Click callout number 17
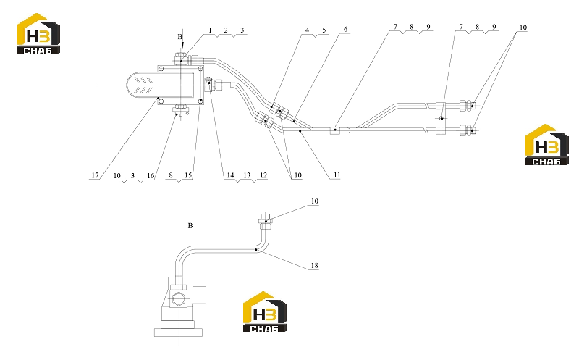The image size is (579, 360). pyautogui.click(x=96, y=175)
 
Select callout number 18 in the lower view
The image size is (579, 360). pyautogui.click(x=314, y=265)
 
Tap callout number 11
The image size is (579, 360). pyautogui.click(x=337, y=175)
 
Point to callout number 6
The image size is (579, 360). pyautogui.click(x=346, y=29)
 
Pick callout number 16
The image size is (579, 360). pyautogui.click(x=151, y=175)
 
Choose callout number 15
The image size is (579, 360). pyautogui.click(x=188, y=175)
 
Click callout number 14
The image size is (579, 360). pyautogui.click(x=230, y=175)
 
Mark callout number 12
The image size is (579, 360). pyautogui.click(x=263, y=175)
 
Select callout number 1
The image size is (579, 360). pyautogui.click(x=210, y=30)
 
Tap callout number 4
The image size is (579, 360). pyautogui.click(x=307, y=30)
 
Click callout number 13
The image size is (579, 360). pyautogui.click(x=247, y=175)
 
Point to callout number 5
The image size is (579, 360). pyautogui.click(x=324, y=30)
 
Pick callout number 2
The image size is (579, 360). pyautogui.click(x=226, y=30)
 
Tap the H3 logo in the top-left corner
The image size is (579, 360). pyautogui.click(x=38, y=33)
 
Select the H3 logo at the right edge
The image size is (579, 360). pyautogui.click(x=547, y=145)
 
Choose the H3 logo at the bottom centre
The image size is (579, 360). pyautogui.click(x=264, y=312)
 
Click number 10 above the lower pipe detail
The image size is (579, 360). pyautogui.click(x=314, y=201)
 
